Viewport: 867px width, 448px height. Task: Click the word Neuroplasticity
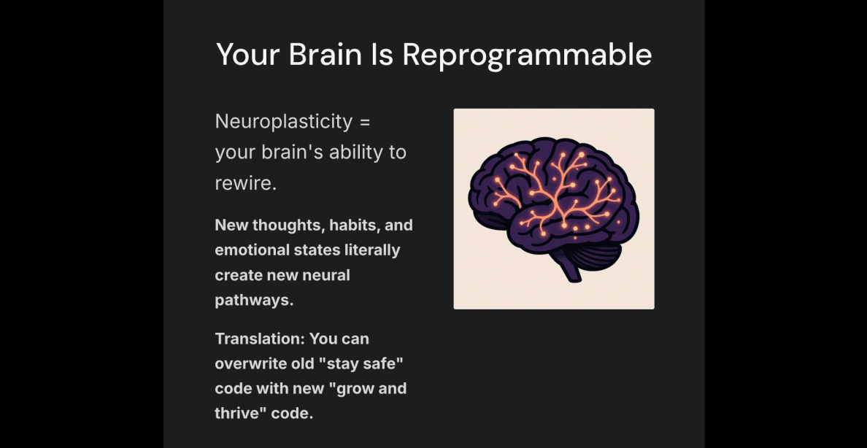coord(283,123)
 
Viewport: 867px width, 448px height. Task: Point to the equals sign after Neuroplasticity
coord(364,123)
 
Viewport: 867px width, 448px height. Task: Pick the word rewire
coord(245,184)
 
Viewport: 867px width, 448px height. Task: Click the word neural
coord(329,275)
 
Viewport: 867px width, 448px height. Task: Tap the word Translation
coord(259,339)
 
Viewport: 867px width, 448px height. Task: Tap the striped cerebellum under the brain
coord(595,254)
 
